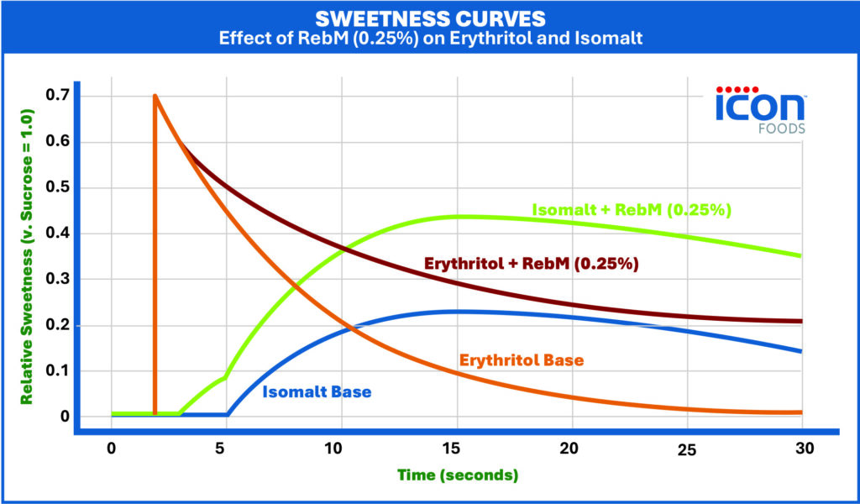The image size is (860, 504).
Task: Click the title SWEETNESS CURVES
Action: pos(429,18)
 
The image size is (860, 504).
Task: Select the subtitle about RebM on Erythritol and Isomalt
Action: pos(429,38)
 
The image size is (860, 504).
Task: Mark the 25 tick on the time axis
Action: pos(686,449)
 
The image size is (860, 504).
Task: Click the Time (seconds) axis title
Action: pos(459,475)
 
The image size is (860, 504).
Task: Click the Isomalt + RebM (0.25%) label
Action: pos(632,210)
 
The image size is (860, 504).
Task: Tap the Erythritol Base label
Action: pos(522,360)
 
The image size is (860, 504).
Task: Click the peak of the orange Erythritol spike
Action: pos(155,96)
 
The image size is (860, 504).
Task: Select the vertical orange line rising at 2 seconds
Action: pos(155,252)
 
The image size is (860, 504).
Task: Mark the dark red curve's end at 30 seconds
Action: pos(800,322)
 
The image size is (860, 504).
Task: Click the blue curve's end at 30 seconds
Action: pos(800,350)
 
